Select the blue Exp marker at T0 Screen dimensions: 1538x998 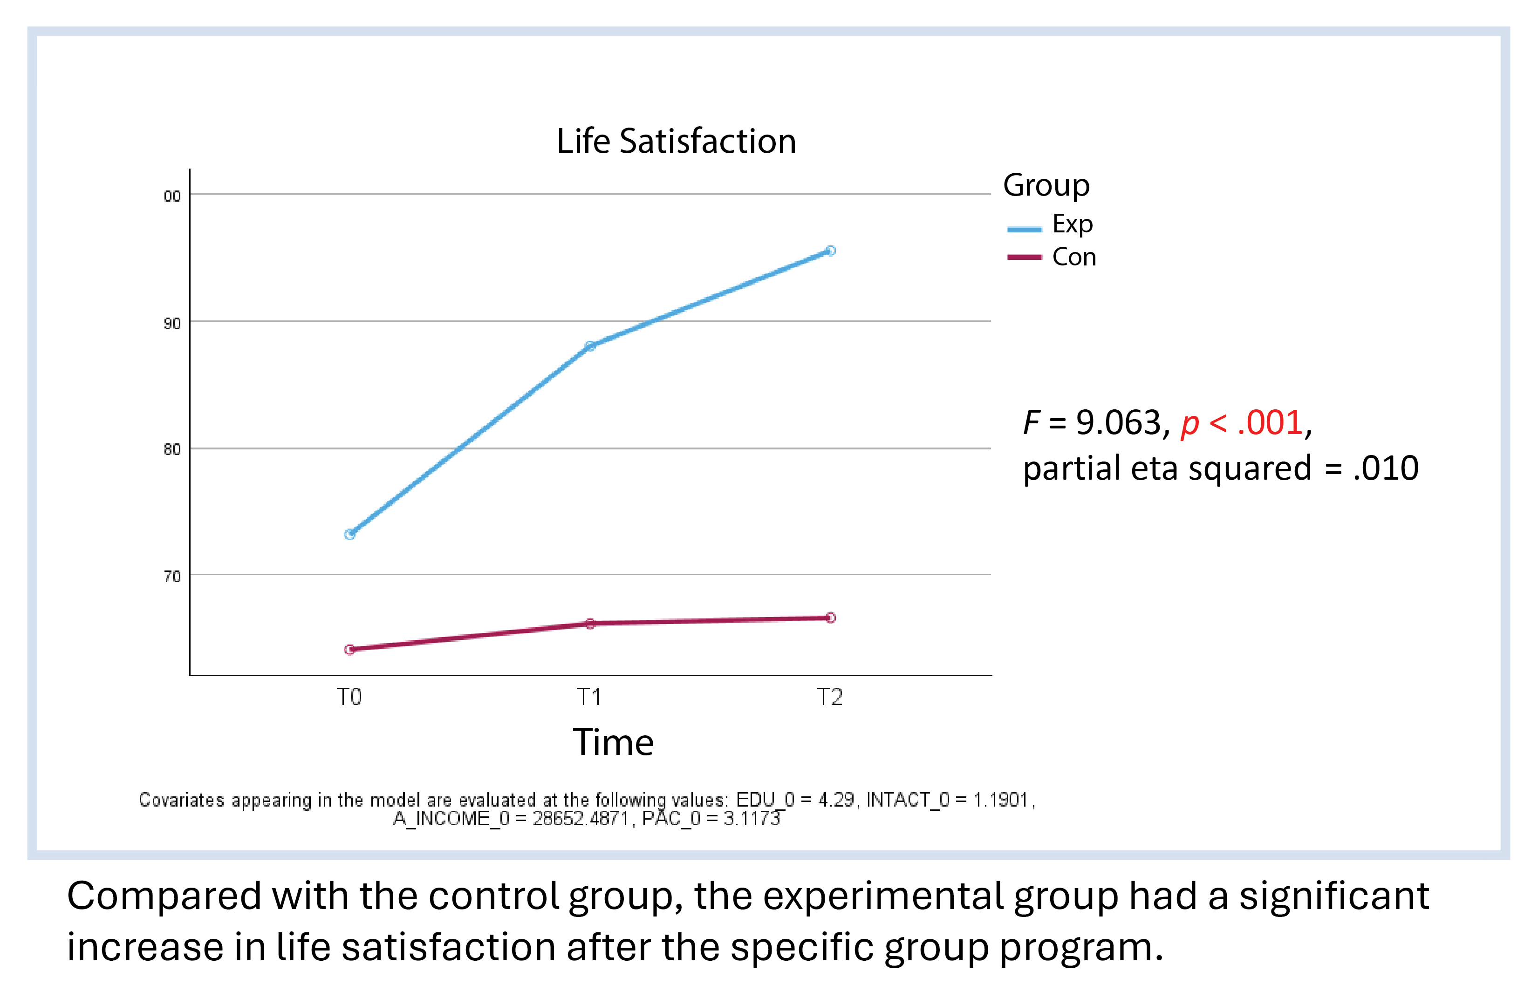click(x=349, y=534)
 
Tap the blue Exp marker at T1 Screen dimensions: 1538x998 click(x=590, y=346)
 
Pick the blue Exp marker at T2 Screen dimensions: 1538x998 click(x=830, y=251)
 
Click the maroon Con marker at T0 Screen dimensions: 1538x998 click(x=349, y=650)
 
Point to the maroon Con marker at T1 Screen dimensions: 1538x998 click(x=590, y=624)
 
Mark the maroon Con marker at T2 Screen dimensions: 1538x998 click(x=830, y=618)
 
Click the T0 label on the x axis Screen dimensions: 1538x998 click(x=349, y=698)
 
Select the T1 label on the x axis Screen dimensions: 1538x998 click(x=589, y=698)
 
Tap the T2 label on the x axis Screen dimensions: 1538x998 click(x=830, y=698)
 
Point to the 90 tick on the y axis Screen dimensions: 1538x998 click(x=172, y=324)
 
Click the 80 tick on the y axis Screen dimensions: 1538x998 click(x=172, y=449)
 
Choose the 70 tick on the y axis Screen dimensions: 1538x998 click(x=172, y=576)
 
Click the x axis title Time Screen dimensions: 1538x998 click(x=613, y=742)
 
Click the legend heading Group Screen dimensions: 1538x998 click(x=1046, y=186)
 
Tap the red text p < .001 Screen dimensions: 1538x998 click(x=1241, y=424)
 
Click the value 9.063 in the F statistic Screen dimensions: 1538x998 click(x=1119, y=423)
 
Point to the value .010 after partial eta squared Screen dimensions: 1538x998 click(x=1386, y=468)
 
